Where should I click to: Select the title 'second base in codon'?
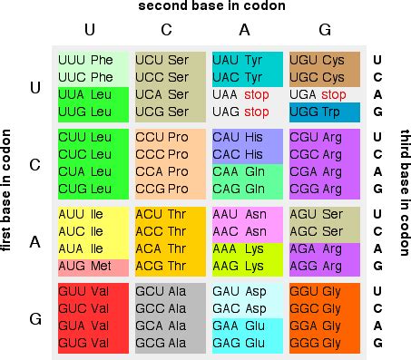click(x=212, y=7)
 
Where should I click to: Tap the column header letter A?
click(x=246, y=30)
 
